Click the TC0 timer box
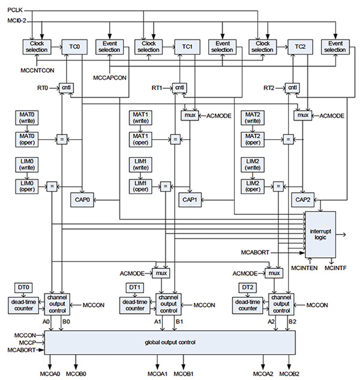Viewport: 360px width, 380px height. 74,47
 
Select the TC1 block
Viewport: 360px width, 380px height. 187,47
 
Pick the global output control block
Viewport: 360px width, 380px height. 170,342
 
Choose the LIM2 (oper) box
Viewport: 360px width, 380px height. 251,185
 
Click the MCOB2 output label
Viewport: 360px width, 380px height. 290,374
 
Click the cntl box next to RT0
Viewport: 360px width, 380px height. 66,88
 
